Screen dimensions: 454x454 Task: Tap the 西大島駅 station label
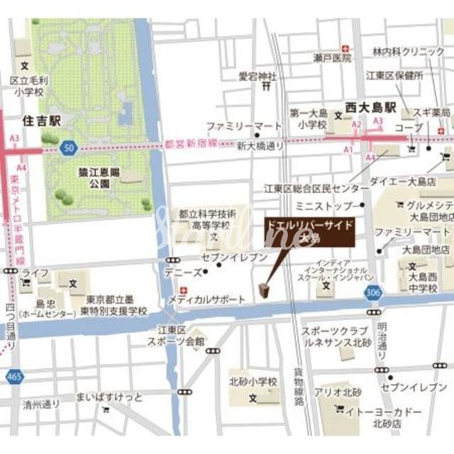[370, 107]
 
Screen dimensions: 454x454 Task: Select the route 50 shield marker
[68, 148]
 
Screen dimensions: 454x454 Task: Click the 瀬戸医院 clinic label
[333, 57]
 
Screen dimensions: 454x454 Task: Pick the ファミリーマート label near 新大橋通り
[234, 126]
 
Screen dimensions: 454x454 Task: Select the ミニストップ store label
[328, 206]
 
